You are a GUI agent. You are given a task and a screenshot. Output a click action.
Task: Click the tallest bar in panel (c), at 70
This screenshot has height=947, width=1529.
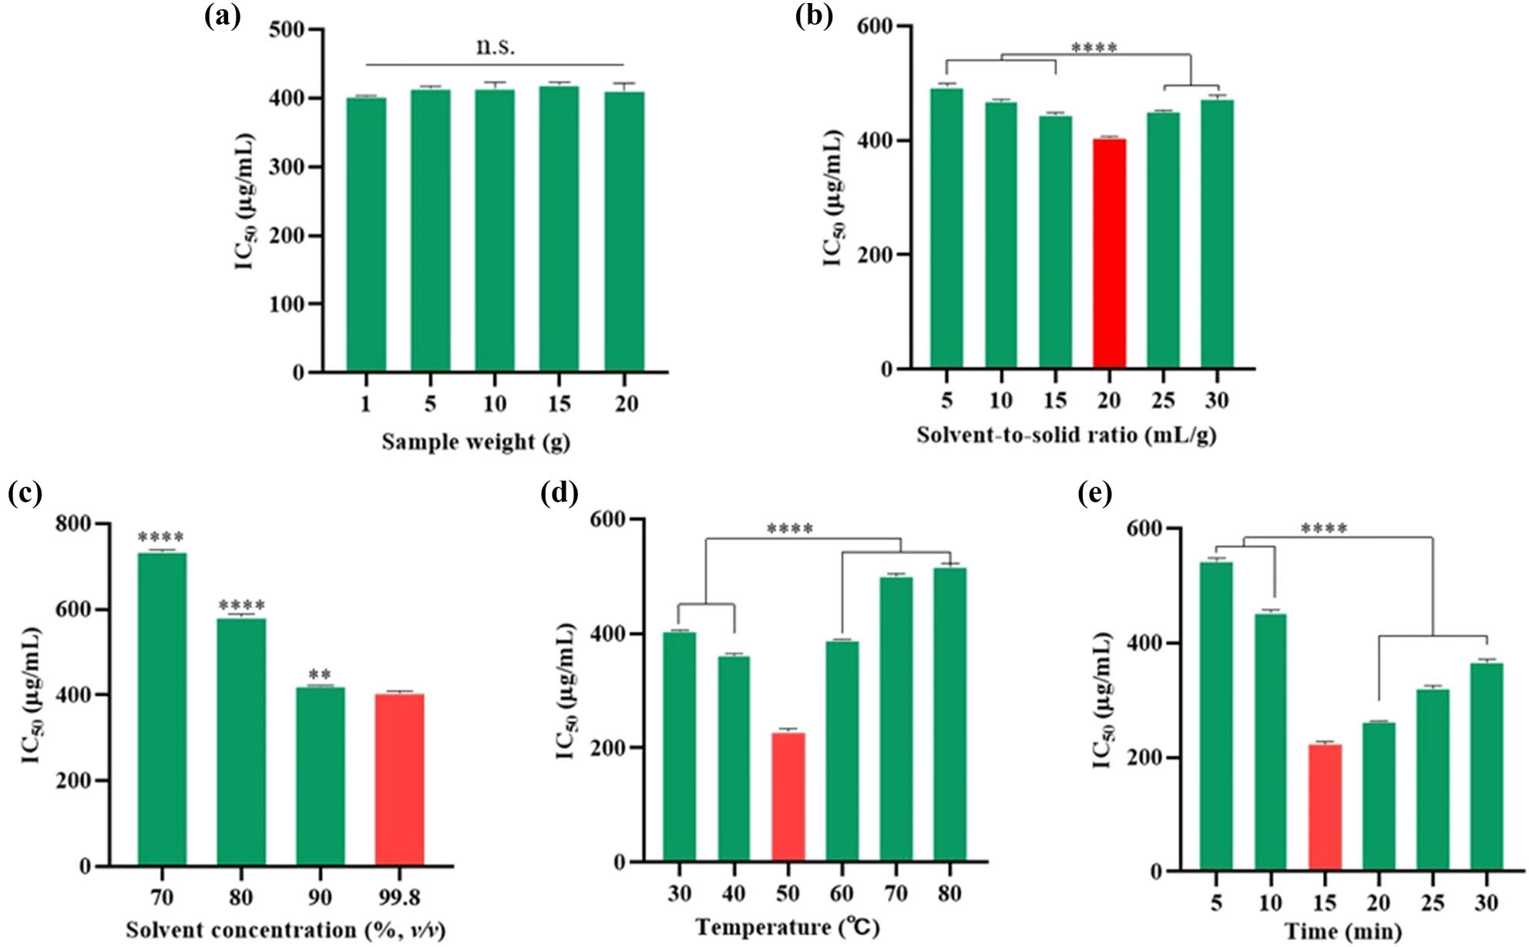point(162,709)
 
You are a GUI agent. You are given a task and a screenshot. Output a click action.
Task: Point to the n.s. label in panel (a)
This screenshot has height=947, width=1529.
point(495,46)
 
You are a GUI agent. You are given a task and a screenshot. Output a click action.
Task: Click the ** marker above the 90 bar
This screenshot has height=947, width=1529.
point(320,676)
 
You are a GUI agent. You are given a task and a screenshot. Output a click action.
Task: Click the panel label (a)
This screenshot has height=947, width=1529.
point(222,17)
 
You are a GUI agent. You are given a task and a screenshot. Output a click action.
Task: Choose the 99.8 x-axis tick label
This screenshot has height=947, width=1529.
point(399,897)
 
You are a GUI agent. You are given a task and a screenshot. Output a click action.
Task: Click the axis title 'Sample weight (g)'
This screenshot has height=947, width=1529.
point(476,442)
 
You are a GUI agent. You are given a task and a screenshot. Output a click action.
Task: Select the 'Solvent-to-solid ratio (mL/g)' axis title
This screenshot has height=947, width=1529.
point(1067,435)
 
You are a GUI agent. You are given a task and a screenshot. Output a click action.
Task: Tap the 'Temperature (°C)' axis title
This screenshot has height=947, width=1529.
point(787,926)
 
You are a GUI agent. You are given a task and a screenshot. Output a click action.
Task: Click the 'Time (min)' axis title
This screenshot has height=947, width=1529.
point(1342,932)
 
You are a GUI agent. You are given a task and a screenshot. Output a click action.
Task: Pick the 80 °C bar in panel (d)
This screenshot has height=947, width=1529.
point(949,714)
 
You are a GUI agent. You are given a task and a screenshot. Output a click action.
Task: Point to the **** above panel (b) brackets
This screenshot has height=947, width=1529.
point(1094,48)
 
